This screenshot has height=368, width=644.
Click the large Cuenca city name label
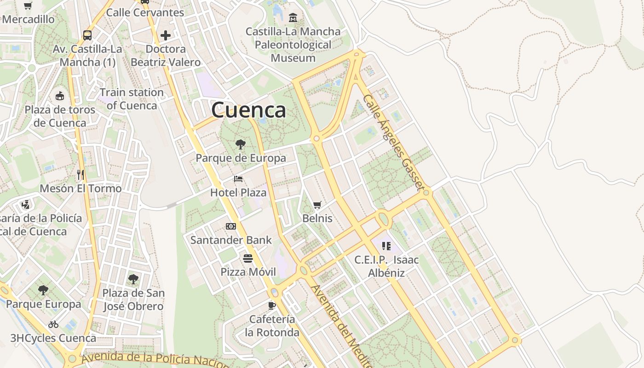[248, 110]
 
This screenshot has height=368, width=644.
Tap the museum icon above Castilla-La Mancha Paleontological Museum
[293, 18]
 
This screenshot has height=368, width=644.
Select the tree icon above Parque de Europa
[240, 144]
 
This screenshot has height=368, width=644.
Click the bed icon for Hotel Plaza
[238, 179]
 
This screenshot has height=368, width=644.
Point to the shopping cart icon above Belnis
[317, 205]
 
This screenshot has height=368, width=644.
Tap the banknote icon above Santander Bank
[231, 226]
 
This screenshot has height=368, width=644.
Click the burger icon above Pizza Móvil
[248, 258]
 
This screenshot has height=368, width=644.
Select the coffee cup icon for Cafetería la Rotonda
[272, 305]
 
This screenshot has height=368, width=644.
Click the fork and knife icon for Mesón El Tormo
[80, 175]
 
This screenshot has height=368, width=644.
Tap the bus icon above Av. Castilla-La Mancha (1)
[87, 35]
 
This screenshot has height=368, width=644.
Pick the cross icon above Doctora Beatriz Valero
[166, 35]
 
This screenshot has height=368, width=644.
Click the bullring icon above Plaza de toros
[59, 96]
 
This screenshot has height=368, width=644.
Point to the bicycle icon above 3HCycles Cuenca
[53, 324]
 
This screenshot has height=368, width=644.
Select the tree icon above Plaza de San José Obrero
[133, 279]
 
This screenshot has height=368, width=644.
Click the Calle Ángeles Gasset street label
[392, 143]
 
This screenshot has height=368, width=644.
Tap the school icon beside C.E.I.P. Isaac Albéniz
[386, 246]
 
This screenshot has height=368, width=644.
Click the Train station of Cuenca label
[132, 99]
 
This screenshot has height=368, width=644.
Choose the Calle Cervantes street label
[145, 12]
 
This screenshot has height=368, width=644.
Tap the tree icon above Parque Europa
[43, 290]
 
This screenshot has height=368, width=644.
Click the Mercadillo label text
[28, 19]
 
